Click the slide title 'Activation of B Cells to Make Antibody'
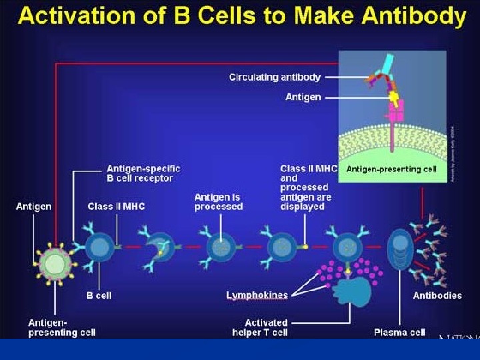pos(241,16)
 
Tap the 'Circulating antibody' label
pos(275,77)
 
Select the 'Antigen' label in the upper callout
pos(303,97)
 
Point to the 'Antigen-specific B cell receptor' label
pos(143,173)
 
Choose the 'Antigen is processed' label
pos(218,202)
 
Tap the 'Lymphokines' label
pos(257,295)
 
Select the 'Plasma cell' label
pos(399,332)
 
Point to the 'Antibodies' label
pos(437,296)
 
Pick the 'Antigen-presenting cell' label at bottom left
pos(61,327)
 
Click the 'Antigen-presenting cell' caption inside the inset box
pos(391,169)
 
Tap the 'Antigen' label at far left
pos(33,207)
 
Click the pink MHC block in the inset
pos(397,111)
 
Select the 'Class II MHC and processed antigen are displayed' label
pos(306,188)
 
